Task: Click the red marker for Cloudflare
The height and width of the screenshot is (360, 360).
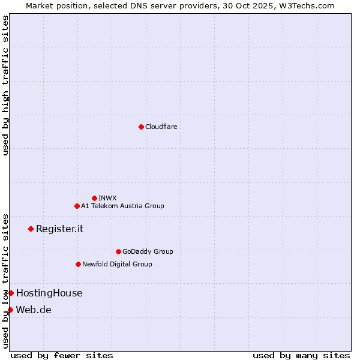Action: click(141, 127)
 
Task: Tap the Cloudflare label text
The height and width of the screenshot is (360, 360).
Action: click(161, 127)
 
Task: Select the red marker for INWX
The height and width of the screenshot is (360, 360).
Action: click(94, 198)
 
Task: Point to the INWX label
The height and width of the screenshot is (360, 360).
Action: click(107, 198)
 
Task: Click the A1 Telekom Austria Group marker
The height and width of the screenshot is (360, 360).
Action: click(77, 206)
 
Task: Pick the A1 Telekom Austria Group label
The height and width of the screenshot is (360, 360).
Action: click(122, 206)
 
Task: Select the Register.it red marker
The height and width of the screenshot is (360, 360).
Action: click(31, 229)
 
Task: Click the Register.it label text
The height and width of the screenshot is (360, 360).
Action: click(59, 229)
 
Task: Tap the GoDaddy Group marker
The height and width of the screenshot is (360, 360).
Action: click(118, 251)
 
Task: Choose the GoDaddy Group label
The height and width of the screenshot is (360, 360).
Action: click(148, 251)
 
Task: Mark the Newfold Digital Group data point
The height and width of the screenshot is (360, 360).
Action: click(78, 264)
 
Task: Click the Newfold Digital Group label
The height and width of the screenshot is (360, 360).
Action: click(117, 264)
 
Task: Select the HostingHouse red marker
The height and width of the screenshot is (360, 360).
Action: click(11, 293)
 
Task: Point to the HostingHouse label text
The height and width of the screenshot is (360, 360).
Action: click(49, 293)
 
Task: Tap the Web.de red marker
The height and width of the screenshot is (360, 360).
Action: click(10, 310)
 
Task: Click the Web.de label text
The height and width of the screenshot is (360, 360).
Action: click(34, 310)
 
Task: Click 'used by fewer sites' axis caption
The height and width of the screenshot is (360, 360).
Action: click(62, 355)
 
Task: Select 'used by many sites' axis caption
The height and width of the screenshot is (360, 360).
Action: click(301, 355)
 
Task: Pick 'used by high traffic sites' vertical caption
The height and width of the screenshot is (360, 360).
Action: click(5, 85)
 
